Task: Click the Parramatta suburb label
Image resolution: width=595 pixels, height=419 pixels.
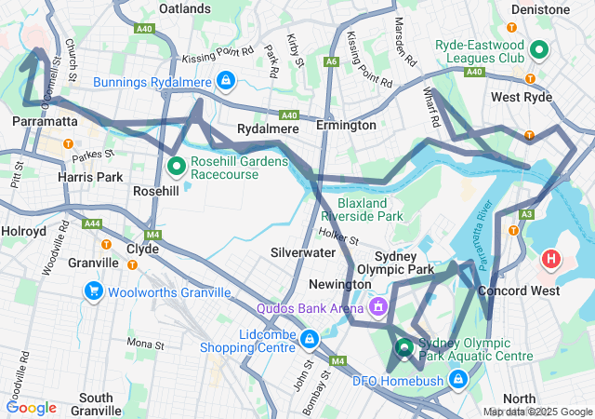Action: [x=45, y=121]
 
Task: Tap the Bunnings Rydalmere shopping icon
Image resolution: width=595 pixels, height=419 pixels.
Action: [x=225, y=82]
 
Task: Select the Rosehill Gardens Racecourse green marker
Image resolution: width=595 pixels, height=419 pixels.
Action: [x=177, y=168]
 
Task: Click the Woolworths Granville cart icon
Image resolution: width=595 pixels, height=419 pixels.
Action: [x=93, y=292]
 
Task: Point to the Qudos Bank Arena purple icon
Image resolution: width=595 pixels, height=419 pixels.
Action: [x=377, y=306]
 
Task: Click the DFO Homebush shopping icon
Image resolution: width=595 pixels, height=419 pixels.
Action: [x=457, y=379]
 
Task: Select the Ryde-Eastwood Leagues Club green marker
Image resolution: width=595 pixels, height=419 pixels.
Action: [x=539, y=50]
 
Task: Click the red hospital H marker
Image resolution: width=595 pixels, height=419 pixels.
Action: [x=551, y=258]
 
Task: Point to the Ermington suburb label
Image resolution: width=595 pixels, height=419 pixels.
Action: [x=346, y=125]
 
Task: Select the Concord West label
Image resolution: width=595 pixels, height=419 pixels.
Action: [x=519, y=291]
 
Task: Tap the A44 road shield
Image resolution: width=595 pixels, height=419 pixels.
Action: [x=91, y=223]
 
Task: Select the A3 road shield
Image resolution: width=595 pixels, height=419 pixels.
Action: [x=527, y=214]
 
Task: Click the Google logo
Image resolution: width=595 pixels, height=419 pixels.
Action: [x=32, y=407]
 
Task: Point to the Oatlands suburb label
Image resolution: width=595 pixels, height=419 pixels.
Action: [x=184, y=8]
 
